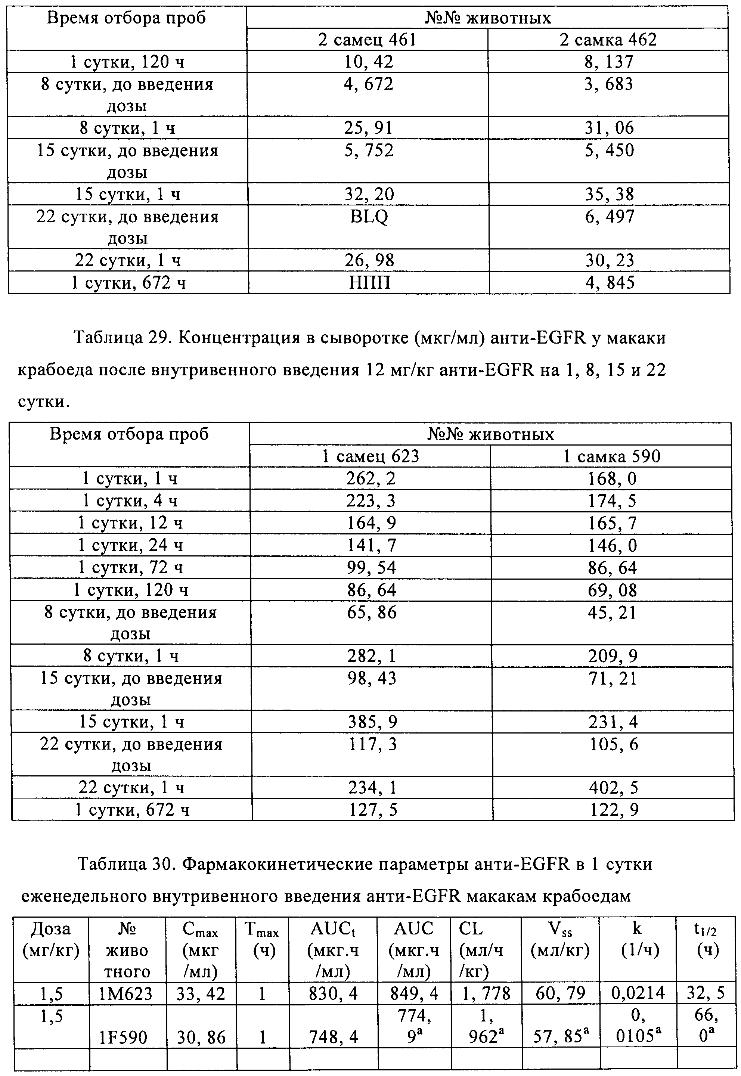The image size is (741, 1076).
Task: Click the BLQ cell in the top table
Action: [x=369, y=217]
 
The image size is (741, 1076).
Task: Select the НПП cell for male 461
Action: [x=370, y=283]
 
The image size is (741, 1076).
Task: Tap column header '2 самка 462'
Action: [x=608, y=40]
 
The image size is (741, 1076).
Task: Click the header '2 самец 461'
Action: [x=367, y=40]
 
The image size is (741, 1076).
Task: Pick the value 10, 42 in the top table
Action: [x=369, y=62]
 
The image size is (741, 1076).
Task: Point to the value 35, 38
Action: [x=609, y=195]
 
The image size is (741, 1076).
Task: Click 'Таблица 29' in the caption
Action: [x=123, y=338]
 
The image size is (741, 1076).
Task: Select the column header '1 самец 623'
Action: [x=370, y=456]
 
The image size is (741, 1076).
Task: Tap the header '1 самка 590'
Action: [x=611, y=456]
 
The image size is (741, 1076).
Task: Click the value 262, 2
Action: [x=371, y=478]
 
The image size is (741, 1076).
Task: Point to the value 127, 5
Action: [x=372, y=810]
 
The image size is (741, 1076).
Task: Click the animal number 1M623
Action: [x=127, y=994]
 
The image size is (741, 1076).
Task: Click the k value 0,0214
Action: [x=638, y=994]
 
